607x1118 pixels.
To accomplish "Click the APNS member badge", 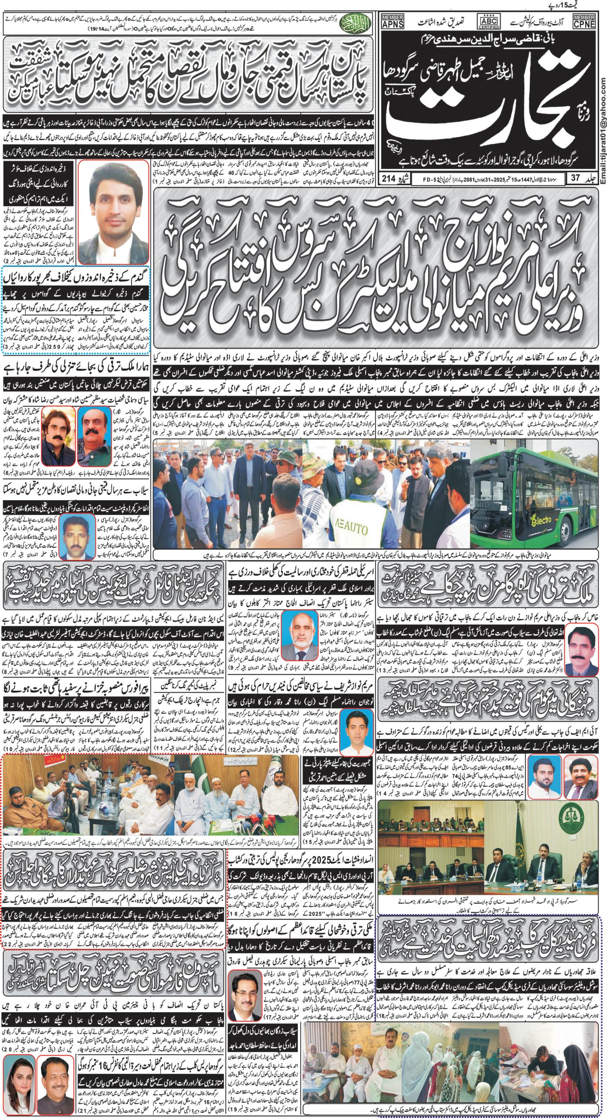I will click(392, 21).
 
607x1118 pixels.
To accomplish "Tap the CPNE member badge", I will click(584, 21).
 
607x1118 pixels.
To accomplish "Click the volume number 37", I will click(580, 178).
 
